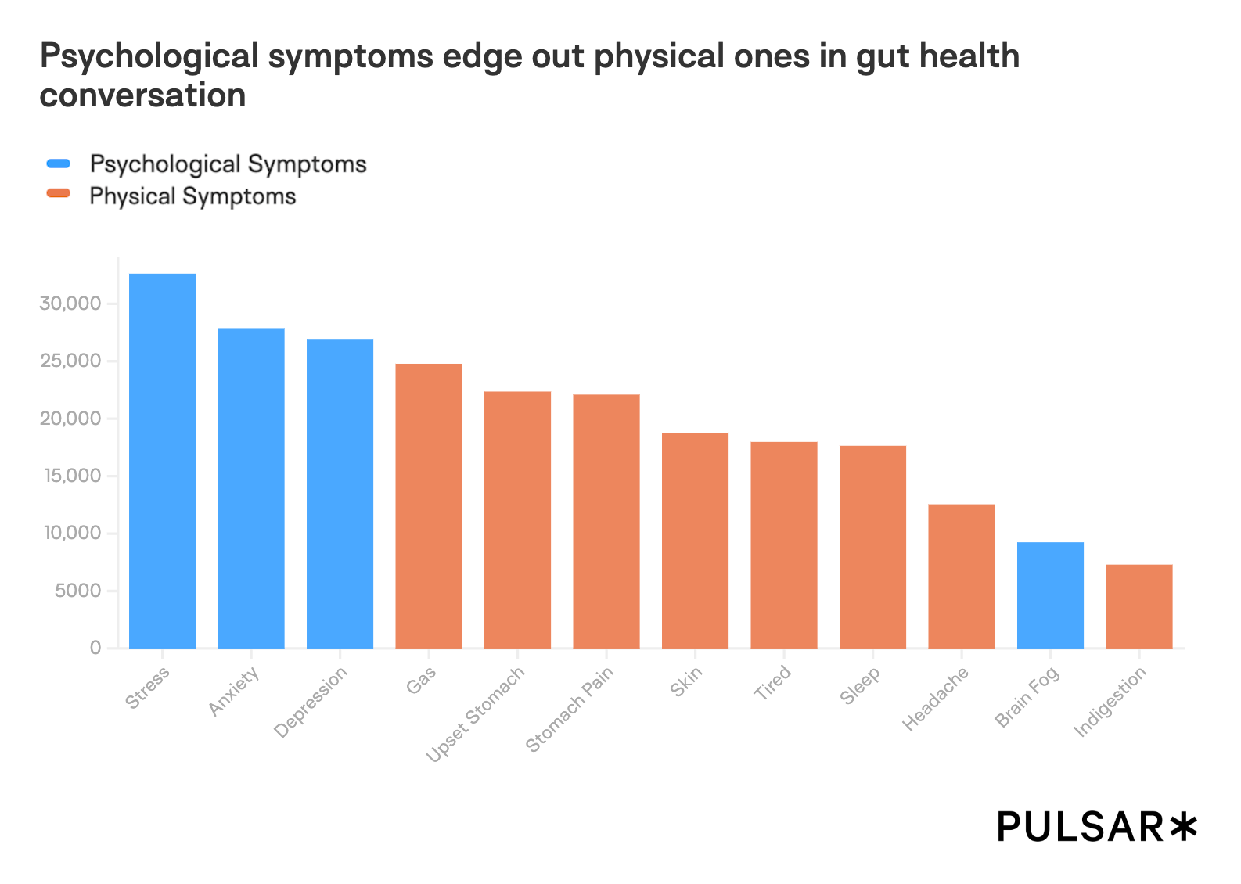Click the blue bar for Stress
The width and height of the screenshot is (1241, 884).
pos(162,461)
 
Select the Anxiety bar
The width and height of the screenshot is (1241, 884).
pos(251,488)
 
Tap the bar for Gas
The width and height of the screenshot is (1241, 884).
pos(429,506)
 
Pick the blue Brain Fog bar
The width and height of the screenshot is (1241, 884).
pos(1050,595)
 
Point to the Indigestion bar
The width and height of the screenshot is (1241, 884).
pos(1139,606)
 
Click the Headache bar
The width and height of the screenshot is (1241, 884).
pos(962,577)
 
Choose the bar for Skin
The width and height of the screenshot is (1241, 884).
pos(695,541)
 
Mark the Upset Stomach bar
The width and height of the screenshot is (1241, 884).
pos(517,519)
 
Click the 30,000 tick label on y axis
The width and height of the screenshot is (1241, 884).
pos(70,304)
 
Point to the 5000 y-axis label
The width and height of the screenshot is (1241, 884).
pos(78,591)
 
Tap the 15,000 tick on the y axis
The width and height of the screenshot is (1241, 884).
pos(70,476)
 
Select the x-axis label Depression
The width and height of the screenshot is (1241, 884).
pos(311,703)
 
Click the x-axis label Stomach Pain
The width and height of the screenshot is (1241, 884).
pos(570,709)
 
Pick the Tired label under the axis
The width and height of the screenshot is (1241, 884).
pos(772,683)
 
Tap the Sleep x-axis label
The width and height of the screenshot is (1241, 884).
pos(860,685)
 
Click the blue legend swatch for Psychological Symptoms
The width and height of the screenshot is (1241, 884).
pos(59,164)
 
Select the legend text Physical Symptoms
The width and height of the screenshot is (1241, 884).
pos(192,196)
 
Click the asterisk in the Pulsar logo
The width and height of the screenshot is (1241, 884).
pos(1182,827)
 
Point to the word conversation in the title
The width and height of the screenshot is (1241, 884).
pos(142,95)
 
